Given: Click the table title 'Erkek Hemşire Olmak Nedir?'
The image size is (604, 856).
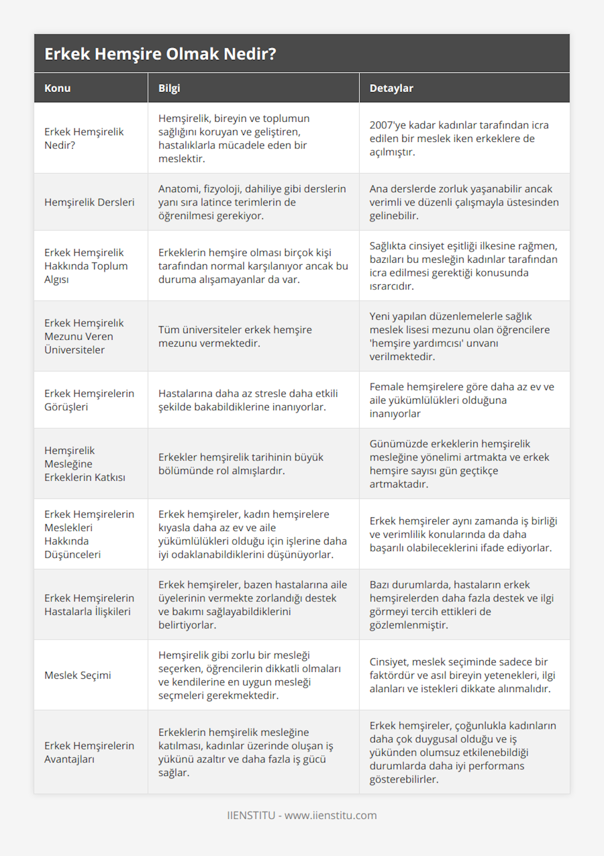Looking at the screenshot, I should click(160, 54).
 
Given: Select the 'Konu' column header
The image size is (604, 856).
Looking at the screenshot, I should click(57, 88).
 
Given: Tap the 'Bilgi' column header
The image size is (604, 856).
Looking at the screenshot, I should click(169, 88).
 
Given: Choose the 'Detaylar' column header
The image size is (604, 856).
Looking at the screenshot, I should click(391, 88).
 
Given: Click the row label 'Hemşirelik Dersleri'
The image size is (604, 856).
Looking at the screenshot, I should click(89, 202).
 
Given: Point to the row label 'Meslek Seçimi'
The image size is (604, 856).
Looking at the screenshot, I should click(78, 675).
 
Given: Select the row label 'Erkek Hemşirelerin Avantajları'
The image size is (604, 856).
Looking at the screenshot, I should click(89, 752).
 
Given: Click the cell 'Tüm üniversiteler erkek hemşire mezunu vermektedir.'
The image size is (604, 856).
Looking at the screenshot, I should click(235, 337).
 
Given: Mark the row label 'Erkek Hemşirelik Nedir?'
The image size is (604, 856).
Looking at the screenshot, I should click(84, 138).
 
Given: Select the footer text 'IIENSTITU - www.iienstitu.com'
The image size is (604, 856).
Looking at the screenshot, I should click(301, 815).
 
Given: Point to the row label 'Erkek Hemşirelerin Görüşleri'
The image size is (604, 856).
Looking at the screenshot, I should click(89, 400).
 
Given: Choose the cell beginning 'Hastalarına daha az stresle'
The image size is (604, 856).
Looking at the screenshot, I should click(248, 400).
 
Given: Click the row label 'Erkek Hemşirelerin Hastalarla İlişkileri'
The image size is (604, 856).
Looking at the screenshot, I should click(89, 605).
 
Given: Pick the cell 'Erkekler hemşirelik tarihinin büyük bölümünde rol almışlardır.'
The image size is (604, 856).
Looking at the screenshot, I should click(241, 464).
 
